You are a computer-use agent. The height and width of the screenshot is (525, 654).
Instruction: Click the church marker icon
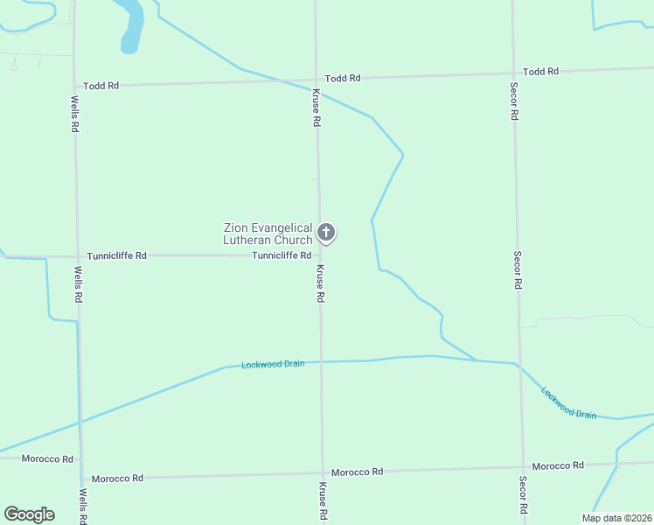(326, 233)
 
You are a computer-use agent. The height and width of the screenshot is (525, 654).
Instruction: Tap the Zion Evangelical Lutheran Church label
(268, 234)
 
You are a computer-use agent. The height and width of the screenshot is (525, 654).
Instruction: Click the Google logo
(29, 514)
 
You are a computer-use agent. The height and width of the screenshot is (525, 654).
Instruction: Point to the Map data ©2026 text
(616, 518)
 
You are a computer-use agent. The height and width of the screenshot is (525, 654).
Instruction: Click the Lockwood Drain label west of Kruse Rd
(273, 364)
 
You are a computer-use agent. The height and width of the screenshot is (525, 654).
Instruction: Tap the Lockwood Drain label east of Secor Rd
(568, 402)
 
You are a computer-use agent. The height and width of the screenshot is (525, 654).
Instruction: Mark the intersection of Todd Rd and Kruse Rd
(317, 80)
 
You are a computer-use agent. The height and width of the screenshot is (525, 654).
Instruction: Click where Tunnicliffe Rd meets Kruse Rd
(318, 255)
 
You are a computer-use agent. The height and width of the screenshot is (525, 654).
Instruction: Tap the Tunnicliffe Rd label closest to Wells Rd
(116, 256)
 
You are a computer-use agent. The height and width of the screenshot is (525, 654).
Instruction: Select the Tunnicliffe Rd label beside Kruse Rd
(282, 255)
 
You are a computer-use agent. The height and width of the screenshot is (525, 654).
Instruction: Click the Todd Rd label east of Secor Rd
(540, 72)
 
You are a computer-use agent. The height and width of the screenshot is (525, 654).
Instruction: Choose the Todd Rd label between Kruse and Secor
(343, 78)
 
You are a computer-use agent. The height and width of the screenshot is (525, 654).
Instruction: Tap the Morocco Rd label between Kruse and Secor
(357, 472)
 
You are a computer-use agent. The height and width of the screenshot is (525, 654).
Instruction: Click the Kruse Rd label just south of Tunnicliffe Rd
(320, 283)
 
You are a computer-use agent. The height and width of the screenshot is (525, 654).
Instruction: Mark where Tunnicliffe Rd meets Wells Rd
(76, 257)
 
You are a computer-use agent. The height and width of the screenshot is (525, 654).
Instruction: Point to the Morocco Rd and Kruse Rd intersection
(322, 473)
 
